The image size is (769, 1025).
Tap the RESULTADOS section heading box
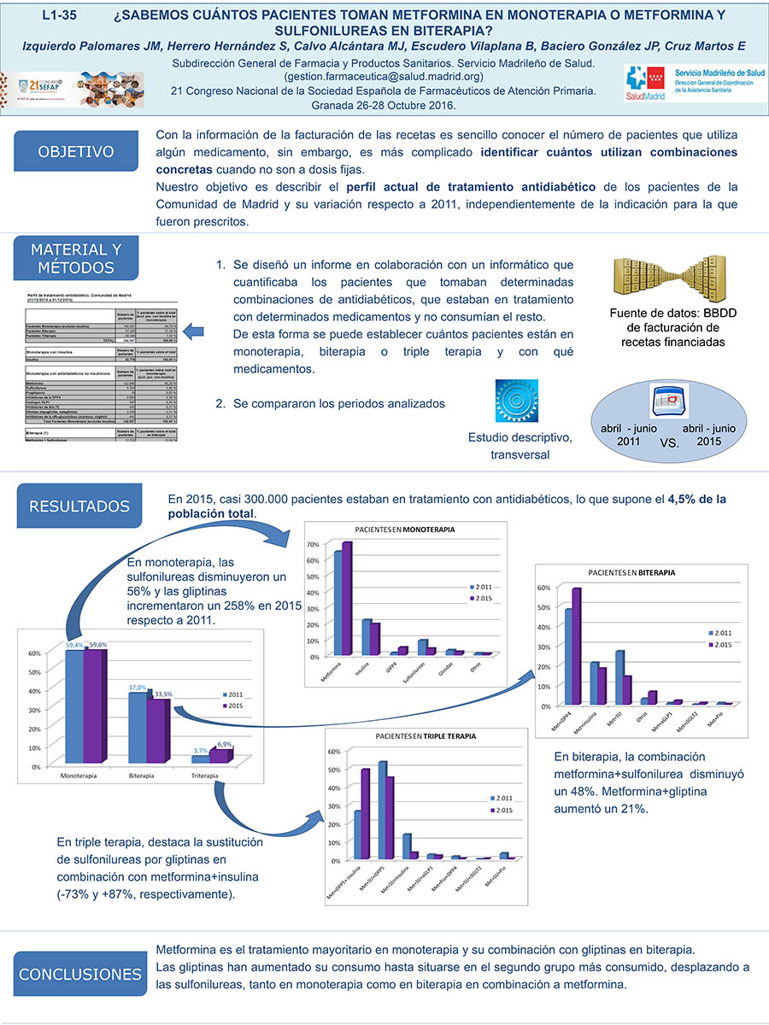[79, 507]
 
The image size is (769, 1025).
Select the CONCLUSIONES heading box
[79, 975]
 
